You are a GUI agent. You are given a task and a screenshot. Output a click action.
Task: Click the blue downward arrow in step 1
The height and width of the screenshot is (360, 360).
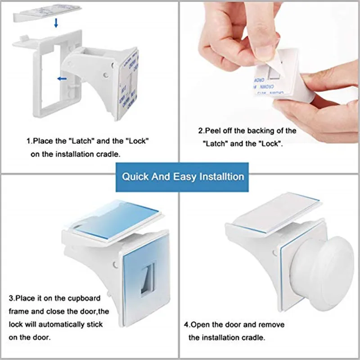tap(56, 23)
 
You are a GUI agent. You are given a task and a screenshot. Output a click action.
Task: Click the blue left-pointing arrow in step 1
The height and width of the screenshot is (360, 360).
tap(62, 79)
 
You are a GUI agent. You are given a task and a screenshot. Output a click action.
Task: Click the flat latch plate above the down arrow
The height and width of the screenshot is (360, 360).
tap(47, 13)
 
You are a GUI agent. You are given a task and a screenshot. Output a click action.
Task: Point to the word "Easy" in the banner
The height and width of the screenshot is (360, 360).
tap(184, 177)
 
